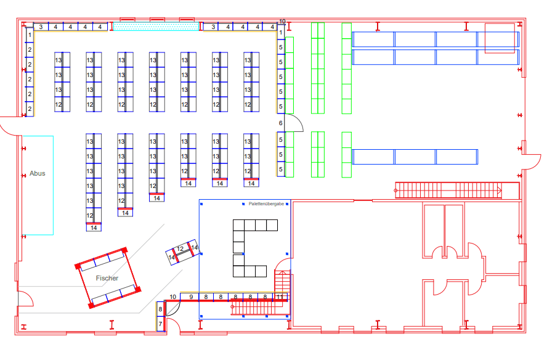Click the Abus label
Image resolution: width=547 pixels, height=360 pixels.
(38, 174)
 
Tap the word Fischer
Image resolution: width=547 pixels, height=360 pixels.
(107, 278)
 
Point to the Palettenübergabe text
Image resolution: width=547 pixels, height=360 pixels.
(266, 204)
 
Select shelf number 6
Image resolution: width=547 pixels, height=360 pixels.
(280, 123)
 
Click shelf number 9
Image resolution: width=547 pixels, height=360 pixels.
(191, 297)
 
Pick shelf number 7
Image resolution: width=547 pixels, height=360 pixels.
(160, 324)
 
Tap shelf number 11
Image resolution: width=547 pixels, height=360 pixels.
(280, 297)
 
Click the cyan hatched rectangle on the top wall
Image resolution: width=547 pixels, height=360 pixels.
(156, 27)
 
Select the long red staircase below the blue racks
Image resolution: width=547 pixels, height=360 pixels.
(448, 190)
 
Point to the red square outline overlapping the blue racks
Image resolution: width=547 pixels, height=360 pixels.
(500, 38)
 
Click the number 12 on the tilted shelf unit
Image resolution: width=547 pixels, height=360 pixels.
(180, 249)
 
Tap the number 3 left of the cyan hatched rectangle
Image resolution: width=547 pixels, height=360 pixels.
(41, 27)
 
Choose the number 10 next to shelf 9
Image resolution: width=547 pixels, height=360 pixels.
(172, 297)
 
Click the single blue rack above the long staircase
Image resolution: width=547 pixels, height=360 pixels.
(415, 157)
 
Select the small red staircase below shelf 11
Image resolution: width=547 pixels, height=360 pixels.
(260, 308)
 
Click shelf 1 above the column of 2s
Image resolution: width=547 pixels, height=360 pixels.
(30, 35)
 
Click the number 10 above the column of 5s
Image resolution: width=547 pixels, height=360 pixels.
(282, 22)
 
